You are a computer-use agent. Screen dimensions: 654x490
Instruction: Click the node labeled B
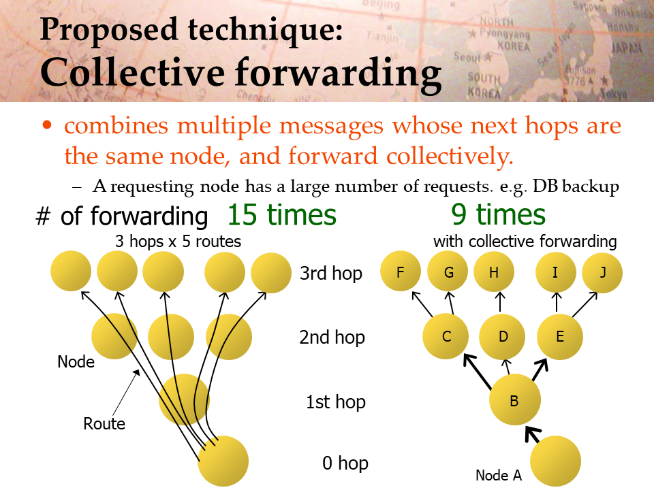point(515,399)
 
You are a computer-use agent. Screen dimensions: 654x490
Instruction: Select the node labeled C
point(446,336)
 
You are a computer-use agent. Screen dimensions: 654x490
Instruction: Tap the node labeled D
point(503,336)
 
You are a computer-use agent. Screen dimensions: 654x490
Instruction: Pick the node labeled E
point(560,336)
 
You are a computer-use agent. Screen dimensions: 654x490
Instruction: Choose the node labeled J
point(602,272)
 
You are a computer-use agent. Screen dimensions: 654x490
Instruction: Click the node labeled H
point(494,272)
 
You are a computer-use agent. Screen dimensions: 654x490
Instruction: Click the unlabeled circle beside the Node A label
point(556,461)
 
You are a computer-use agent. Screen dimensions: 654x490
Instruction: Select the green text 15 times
point(282,215)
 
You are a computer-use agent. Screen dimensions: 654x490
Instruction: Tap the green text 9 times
point(499,215)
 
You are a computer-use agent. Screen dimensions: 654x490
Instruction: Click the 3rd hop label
point(331,274)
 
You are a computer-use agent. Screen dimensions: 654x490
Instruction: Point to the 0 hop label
point(345,463)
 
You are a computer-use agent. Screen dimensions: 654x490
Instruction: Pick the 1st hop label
point(336,402)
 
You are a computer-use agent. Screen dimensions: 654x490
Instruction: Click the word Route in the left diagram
point(104,424)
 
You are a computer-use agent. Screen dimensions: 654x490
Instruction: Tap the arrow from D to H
point(500,301)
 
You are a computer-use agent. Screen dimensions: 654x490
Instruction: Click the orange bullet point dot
point(47,125)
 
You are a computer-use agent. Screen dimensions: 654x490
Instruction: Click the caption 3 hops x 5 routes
point(178,242)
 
